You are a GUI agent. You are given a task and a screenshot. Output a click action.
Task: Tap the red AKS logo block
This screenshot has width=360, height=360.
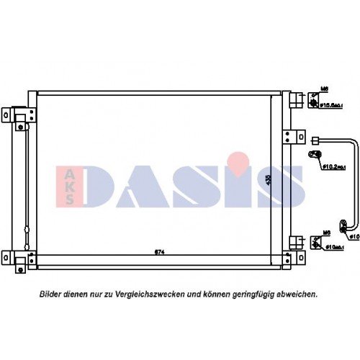pos(69,185)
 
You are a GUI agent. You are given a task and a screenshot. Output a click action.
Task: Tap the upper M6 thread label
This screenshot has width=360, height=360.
pos(325,89)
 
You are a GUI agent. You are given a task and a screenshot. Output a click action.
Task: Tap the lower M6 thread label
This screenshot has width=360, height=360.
pos(325,233)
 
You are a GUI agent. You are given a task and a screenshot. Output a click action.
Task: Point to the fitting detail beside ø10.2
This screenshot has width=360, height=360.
pos(315,156)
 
